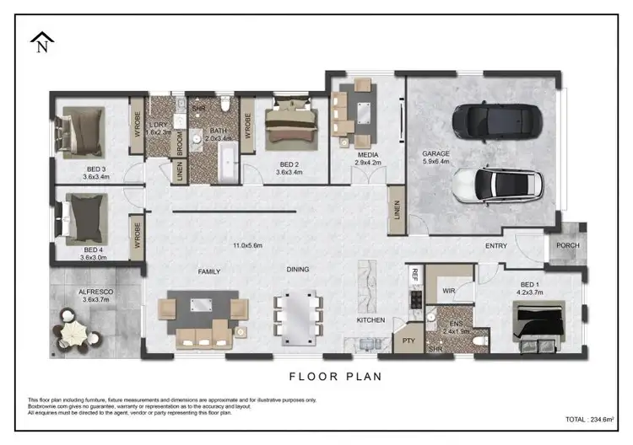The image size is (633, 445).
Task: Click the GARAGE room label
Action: click(436, 154)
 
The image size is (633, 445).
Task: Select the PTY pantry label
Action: click(408, 340)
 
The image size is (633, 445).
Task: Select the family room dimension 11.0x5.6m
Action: click(247, 245)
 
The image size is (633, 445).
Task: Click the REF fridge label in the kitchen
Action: click(414, 274)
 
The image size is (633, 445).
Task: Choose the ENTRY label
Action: click(495, 245)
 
